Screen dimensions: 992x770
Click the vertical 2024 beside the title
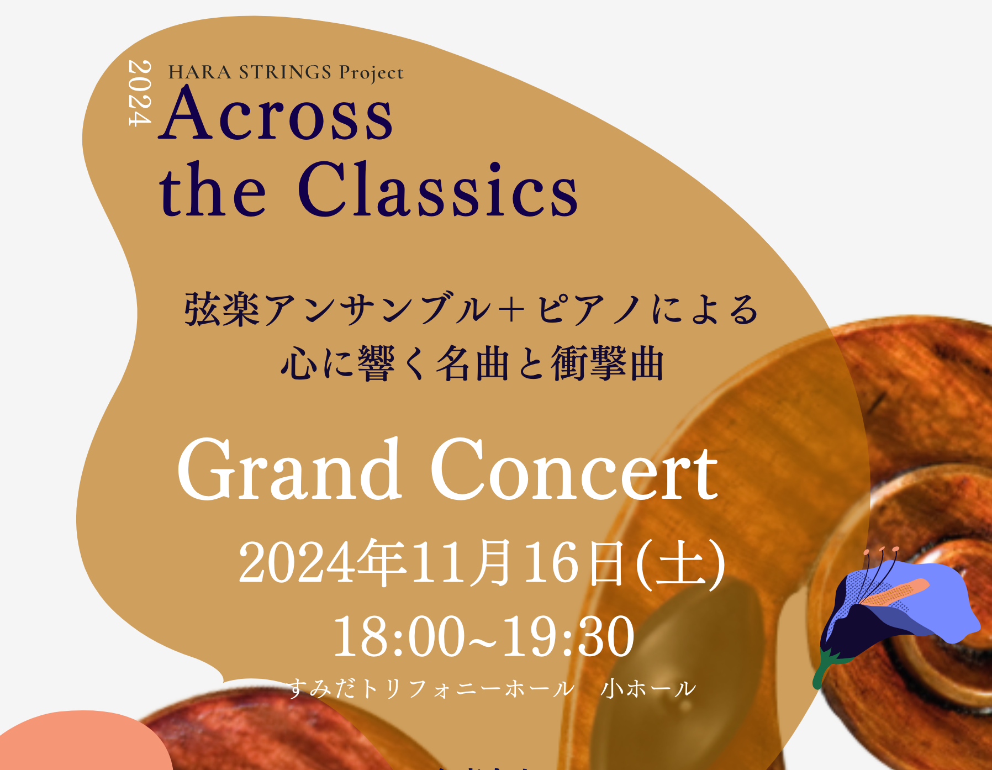(139, 93)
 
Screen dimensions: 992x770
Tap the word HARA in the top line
(200, 72)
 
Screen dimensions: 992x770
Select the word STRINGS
(285, 72)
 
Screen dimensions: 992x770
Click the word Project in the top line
(371, 73)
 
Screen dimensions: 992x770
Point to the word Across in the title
(276, 114)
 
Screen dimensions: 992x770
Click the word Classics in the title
(437, 189)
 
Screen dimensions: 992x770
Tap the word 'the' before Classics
(213, 189)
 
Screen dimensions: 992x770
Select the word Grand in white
(289, 469)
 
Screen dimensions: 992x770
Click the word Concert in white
(574, 470)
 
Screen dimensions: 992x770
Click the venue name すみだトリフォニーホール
(431, 688)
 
